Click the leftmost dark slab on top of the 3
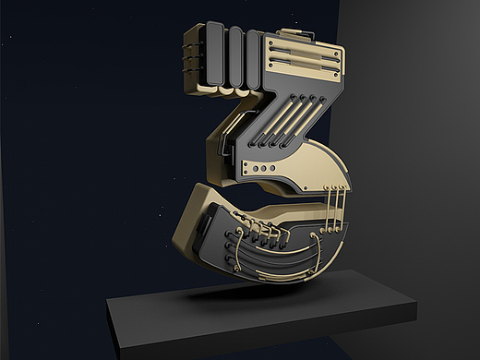[214, 54]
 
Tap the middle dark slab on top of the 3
[235, 57]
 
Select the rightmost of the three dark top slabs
[254, 60]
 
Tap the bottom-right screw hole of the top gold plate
[335, 76]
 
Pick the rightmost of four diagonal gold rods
[303, 121]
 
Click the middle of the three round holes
[264, 168]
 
